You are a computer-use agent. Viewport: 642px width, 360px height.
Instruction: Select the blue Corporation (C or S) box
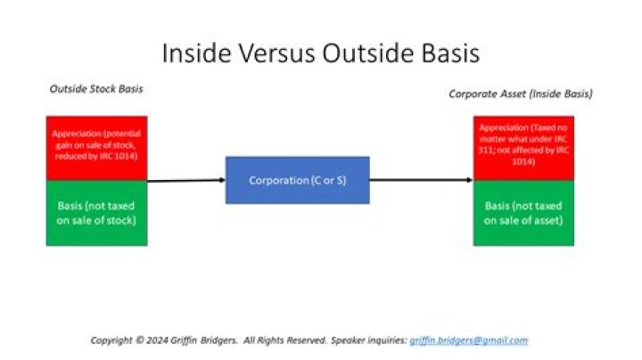pos(297,180)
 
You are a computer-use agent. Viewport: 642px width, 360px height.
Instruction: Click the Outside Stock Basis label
pos(95,89)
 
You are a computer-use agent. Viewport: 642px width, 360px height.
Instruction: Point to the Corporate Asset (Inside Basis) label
pos(520,93)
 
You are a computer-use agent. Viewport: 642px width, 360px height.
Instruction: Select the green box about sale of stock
pos(96,211)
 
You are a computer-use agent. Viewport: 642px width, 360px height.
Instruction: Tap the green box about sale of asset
pos(523,211)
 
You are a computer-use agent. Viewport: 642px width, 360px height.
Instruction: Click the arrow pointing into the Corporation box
pos(185,180)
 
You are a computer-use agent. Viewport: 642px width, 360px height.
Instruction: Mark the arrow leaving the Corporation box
pos(421,180)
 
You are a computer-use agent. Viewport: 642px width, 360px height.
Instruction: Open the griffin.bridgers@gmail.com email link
pos(468,340)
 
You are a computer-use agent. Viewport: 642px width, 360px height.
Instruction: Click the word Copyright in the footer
pos(115,340)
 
